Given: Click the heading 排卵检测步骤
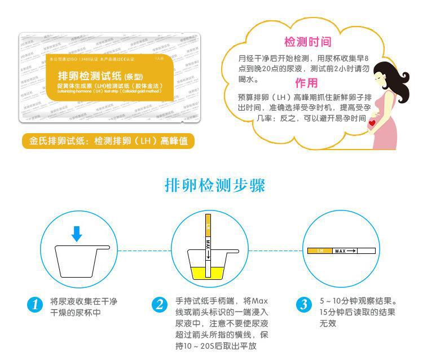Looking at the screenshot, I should [x=215, y=186].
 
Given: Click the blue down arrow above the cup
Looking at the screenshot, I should [x=77, y=233].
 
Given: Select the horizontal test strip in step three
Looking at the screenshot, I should [x=341, y=250].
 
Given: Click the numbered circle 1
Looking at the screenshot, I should [x=35, y=305].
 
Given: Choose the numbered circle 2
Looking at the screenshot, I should [x=160, y=305].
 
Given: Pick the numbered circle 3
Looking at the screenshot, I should [x=304, y=305].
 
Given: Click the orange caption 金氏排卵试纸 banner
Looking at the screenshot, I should [x=108, y=141].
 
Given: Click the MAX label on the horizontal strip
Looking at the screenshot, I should [x=340, y=251].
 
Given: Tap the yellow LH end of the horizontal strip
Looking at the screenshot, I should [x=320, y=250].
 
